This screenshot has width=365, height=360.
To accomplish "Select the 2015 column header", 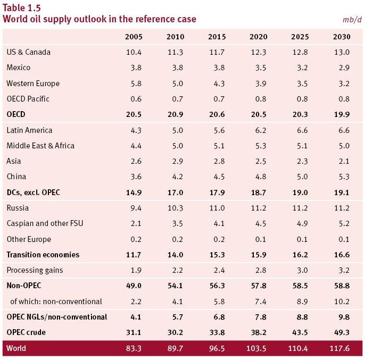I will click(217, 37).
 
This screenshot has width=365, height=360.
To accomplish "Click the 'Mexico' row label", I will click(19, 68).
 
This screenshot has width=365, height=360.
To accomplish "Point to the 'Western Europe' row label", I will click(33, 83).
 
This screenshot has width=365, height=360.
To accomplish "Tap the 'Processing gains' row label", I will click(35, 270).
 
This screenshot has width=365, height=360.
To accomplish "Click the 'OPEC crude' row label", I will click(26, 332).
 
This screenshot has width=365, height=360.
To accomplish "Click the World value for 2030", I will click(339, 348).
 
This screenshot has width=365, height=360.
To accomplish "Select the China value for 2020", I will click(259, 177).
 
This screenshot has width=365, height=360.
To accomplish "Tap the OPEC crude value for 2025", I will click(300, 332).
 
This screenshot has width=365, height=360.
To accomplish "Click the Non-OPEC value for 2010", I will click(175, 286).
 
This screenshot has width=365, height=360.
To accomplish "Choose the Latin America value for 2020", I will click(259, 130).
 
